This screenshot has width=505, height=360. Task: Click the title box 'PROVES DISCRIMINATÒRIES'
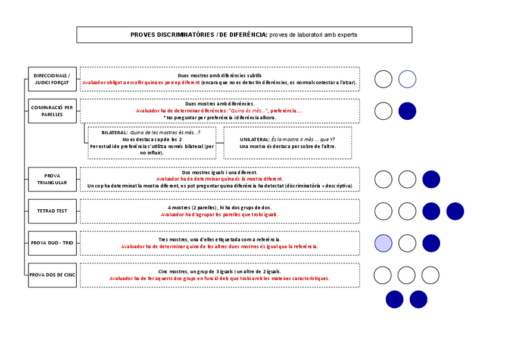coord(244,35)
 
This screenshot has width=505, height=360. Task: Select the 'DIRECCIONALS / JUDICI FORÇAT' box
coord(52,79)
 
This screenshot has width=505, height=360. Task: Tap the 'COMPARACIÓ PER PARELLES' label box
coord(52,111)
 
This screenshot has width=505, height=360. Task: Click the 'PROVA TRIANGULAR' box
coord(52,179)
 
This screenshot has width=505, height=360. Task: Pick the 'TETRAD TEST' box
coord(52,211)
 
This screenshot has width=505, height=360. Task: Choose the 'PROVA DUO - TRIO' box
coord(52,243)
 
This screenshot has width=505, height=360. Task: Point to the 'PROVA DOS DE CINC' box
coord(52,275)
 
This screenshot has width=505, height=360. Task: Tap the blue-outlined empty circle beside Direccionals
coord(407,79)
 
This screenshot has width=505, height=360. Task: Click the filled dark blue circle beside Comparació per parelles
coord(407,111)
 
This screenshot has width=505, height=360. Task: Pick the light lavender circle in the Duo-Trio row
coord(384,243)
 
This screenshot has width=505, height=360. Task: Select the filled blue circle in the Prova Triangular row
coord(431,179)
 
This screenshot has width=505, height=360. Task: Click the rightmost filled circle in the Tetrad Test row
coord(455,211)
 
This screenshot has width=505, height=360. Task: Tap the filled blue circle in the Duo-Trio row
coord(431,243)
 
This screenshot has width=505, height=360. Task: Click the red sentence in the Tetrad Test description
coord(220,215)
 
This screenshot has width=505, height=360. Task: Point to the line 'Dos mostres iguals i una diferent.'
coord(220,172)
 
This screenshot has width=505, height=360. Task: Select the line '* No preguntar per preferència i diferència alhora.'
coord(220,117)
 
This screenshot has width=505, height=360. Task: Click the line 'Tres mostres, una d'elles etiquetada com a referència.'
coord(220,239)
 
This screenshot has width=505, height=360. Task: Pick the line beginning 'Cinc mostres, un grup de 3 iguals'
coord(220,271)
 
